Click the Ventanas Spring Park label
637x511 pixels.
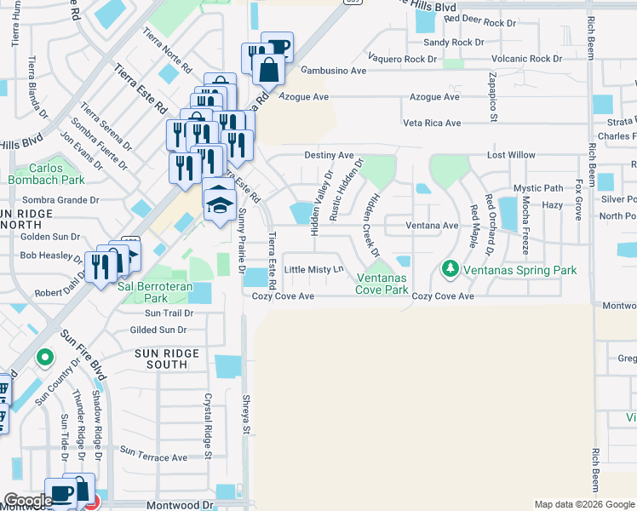point(519,270)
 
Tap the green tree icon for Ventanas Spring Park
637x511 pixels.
point(450,270)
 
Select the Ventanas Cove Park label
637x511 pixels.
point(382,284)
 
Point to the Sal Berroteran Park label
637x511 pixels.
point(142,293)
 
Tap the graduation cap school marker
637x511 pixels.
point(219,203)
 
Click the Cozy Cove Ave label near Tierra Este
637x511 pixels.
point(284,296)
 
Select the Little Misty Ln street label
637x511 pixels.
point(313,269)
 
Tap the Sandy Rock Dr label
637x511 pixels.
point(453,42)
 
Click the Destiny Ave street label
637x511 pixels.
point(329,156)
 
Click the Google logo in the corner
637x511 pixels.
point(27,501)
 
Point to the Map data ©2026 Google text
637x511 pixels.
point(583,504)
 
